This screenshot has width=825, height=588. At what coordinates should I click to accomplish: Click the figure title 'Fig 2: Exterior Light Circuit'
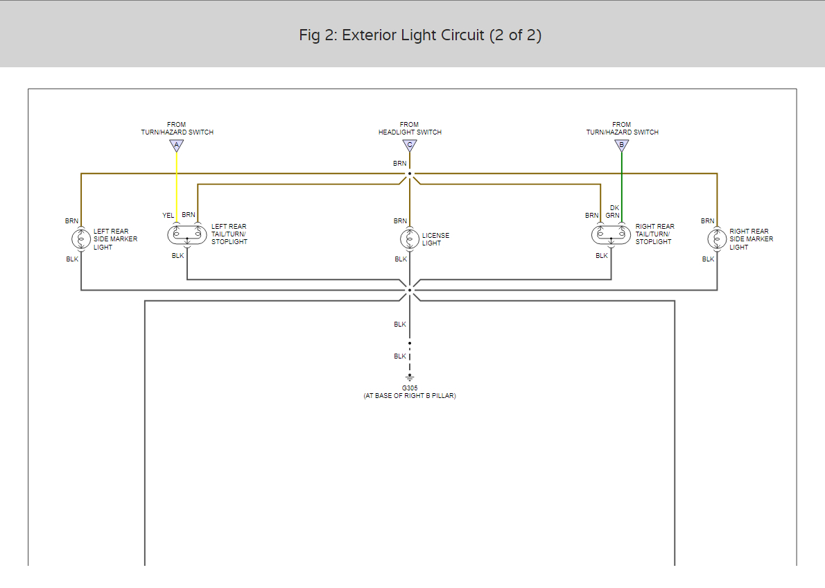[x=420, y=35]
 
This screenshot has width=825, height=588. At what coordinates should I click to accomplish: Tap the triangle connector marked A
[x=176, y=146]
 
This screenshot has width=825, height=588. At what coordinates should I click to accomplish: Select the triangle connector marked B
[x=622, y=146]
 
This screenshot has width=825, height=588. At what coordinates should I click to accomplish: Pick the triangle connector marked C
[x=410, y=146]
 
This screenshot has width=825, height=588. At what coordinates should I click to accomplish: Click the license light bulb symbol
[x=410, y=239]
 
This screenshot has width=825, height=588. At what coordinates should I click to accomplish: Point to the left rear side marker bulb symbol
[x=81, y=239]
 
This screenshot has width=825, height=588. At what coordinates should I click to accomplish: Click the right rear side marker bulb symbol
[x=717, y=239]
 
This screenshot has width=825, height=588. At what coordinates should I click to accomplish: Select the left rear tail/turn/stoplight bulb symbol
[x=187, y=234]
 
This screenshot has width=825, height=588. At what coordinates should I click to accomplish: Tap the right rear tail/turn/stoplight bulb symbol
[x=611, y=234]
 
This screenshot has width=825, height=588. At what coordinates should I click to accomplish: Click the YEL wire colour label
[x=168, y=216]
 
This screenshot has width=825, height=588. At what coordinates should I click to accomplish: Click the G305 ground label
[x=410, y=388]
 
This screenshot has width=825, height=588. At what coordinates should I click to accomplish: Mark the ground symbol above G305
[x=410, y=378]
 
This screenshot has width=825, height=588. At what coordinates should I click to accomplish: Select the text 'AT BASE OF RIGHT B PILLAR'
[x=410, y=396]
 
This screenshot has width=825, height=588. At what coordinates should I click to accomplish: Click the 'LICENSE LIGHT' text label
[x=435, y=239]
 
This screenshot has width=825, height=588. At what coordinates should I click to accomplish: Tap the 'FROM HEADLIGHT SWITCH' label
[x=410, y=128]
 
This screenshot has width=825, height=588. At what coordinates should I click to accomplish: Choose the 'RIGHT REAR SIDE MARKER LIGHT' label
[x=751, y=239]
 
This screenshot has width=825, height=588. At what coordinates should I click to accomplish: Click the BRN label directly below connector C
[x=400, y=164]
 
